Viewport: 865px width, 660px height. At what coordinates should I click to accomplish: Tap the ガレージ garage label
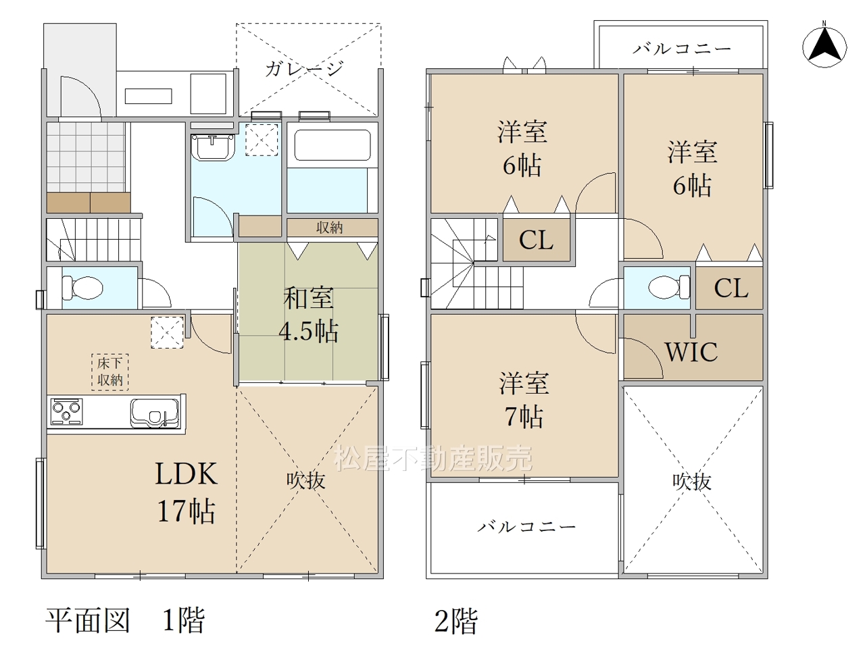pos(304,68)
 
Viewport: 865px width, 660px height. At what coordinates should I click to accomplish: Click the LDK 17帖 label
pos(186,492)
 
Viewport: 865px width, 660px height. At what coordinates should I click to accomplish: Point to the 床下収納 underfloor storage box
pos(110,372)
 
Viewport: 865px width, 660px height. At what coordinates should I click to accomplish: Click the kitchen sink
pos(155,413)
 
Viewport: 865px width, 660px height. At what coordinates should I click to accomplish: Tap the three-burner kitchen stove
pos(67,412)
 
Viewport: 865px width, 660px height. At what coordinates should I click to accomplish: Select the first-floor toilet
pos(82,288)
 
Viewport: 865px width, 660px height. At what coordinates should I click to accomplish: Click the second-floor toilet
pos(669,287)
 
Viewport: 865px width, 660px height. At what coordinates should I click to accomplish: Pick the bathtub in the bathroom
pos(332,145)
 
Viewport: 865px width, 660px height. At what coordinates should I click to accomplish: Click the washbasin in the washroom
pos(212,147)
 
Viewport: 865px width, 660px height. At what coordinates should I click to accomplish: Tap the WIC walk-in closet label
pos(691,352)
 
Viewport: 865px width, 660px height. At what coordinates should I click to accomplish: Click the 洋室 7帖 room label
pos(524,399)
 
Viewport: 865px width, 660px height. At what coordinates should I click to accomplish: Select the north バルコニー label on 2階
pos(682,49)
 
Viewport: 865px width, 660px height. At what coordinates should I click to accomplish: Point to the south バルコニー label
pos(526,526)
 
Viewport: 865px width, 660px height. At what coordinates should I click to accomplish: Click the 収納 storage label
pos(330,228)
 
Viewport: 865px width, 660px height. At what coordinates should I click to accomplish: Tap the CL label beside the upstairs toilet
pos(731,288)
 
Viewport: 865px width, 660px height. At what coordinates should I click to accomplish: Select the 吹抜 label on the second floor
pos(691,481)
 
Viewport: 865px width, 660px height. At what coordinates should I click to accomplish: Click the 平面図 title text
pos(87,621)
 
